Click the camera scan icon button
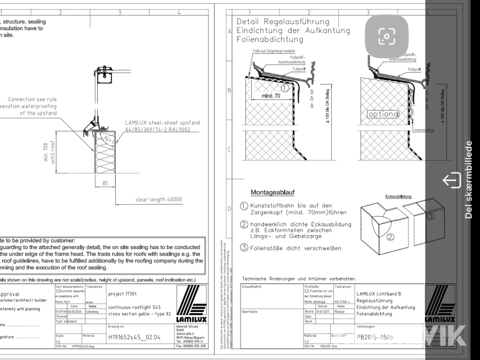click(x=387, y=35)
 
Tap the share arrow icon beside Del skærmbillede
click(x=451, y=180)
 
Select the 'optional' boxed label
click(x=383, y=114)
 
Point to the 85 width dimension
click(x=106, y=183)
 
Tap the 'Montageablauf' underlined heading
click(x=273, y=192)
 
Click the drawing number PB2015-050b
click(x=375, y=337)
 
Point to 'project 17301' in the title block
click(x=122, y=294)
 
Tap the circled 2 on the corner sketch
click(x=390, y=237)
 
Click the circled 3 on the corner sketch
click(x=431, y=217)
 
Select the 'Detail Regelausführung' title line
click(x=283, y=22)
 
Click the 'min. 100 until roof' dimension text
click(x=49, y=151)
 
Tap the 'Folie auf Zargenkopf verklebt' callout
click(x=266, y=51)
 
